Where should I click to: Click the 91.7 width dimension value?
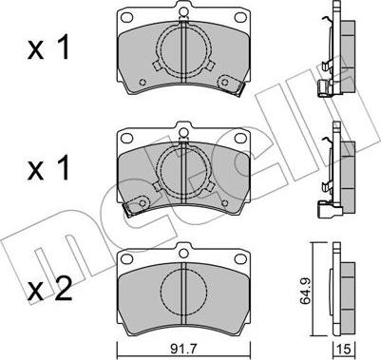[x=183, y=350]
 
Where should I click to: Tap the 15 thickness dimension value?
[x=344, y=350]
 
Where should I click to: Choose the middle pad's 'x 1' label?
[x=48, y=169]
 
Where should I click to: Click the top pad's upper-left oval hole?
[x=127, y=16]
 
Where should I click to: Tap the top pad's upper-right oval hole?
[x=240, y=16]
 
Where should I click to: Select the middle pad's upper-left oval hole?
[x=127, y=138]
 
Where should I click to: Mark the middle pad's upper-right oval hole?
[x=240, y=138]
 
